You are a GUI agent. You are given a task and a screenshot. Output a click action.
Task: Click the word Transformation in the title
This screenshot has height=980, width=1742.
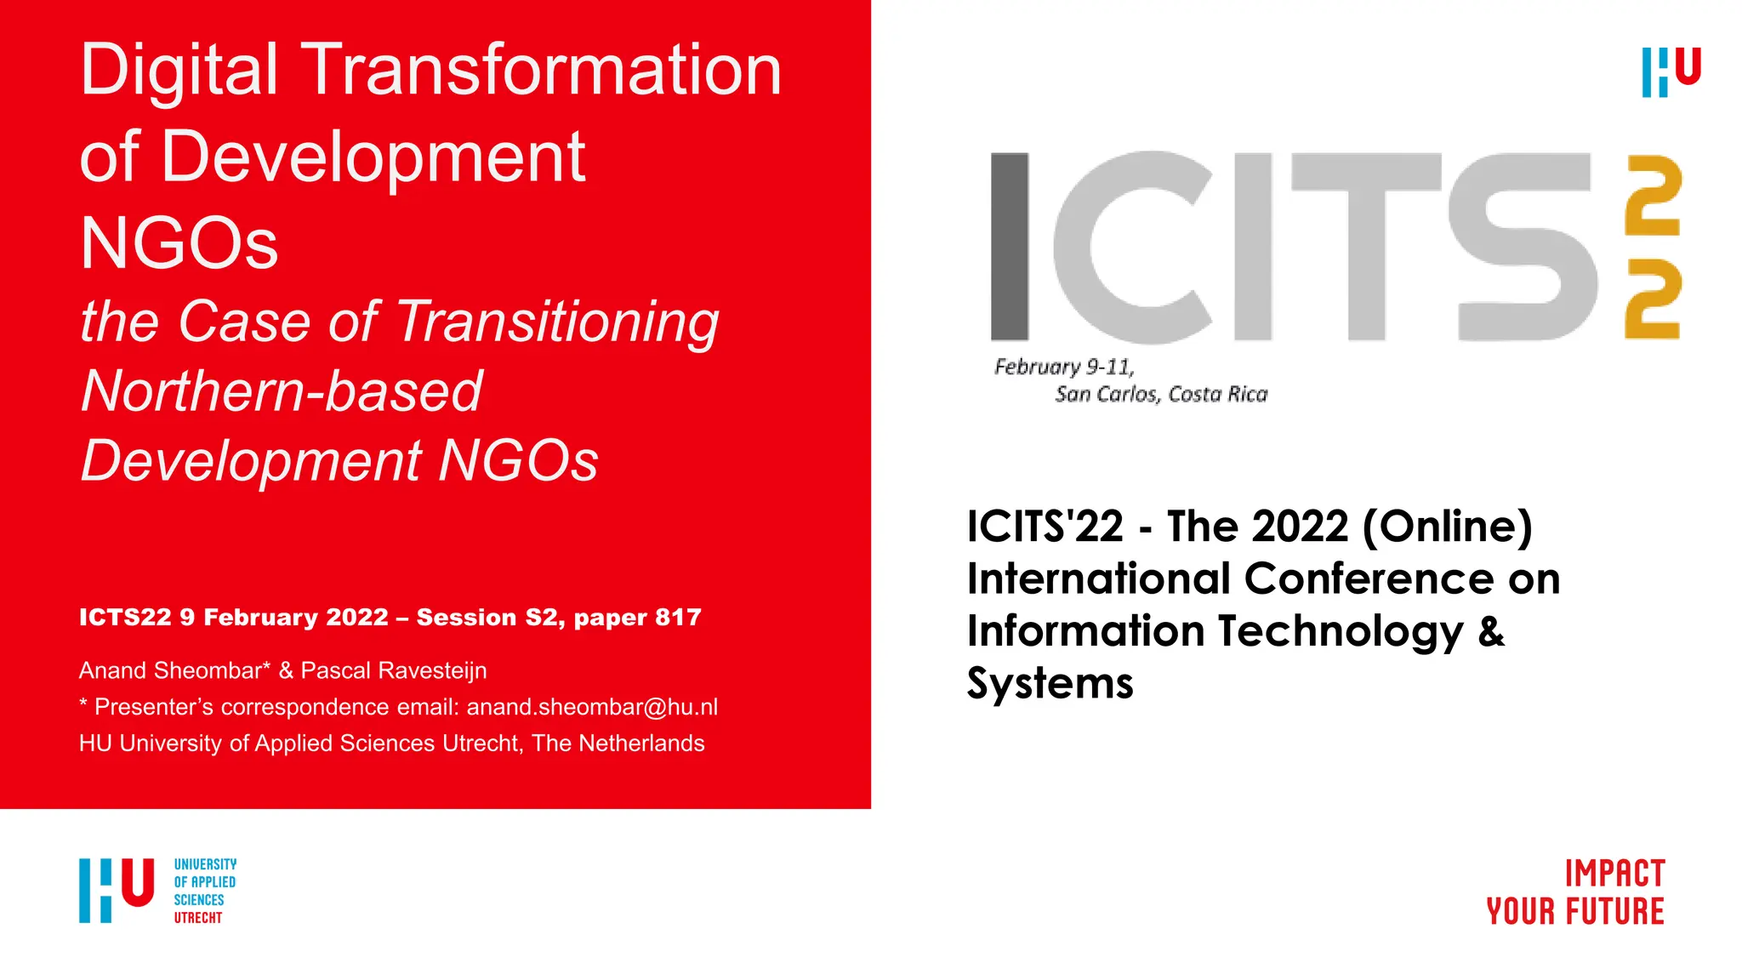click(x=542, y=70)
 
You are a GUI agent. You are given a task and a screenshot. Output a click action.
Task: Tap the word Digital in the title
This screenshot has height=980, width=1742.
click(x=179, y=70)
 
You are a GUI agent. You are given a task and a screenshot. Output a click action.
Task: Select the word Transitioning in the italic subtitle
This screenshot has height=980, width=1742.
click(x=558, y=322)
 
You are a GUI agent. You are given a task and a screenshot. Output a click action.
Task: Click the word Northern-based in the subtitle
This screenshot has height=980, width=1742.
click(x=282, y=391)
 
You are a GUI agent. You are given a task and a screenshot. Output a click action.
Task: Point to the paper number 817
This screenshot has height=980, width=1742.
click(x=678, y=618)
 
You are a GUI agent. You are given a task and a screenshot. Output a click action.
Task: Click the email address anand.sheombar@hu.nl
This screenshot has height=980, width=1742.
click(x=592, y=707)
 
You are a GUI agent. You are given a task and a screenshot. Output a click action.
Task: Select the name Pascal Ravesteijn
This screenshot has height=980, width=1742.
click(x=394, y=670)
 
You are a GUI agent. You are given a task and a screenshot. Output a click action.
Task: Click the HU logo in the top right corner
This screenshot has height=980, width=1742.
click(x=1671, y=72)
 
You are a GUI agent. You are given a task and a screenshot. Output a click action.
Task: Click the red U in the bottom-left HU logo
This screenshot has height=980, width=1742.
click(x=138, y=882)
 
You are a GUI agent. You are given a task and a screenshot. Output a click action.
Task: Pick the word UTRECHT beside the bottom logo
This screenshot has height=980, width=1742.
click(x=198, y=918)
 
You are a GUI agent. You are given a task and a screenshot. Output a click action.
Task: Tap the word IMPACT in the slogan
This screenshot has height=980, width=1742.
click(x=1614, y=875)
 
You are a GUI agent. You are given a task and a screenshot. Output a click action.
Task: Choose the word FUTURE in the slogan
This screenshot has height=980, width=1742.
click(x=1615, y=912)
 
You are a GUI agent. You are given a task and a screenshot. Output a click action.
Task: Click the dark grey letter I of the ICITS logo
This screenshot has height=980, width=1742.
click(x=1010, y=247)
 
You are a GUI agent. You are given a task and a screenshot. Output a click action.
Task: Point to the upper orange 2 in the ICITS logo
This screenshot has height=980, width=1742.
click(x=1653, y=197)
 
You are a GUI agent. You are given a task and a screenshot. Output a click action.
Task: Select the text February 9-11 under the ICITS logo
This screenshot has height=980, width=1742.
click(x=1064, y=367)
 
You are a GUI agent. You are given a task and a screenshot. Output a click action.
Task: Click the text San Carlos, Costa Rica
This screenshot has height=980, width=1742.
click(x=1161, y=395)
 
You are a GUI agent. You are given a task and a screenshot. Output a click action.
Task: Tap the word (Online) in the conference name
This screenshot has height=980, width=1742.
click(x=1447, y=527)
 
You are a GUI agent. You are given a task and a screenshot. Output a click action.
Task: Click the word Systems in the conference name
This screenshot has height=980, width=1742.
click(x=1050, y=683)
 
